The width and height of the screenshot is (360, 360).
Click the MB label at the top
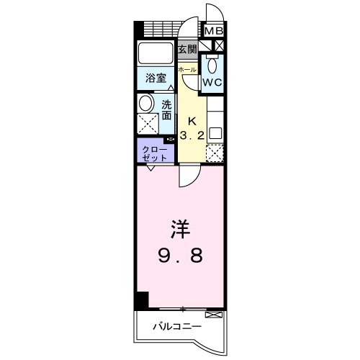pyautogui.click(x=214, y=31)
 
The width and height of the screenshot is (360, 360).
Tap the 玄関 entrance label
pyautogui.click(x=187, y=49)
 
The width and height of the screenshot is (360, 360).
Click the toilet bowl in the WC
pyautogui.click(x=211, y=66)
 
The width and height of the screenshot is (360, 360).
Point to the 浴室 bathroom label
pyautogui.click(x=156, y=78)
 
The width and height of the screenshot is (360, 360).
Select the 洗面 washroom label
pyautogui.click(x=166, y=109)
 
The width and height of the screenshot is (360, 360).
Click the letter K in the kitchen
pyautogui.click(x=192, y=120)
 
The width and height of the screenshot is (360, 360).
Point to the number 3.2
pyautogui.click(x=192, y=135)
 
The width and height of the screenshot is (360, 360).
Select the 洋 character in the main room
pyautogui.click(x=180, y=231)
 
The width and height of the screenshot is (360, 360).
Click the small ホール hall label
pyautogui.click(x=186, y=69)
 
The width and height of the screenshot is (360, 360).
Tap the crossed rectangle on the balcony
pyautogui.click(x=214, y=315)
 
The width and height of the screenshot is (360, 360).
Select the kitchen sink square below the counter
pyautogui.click(x=215, y=133)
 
